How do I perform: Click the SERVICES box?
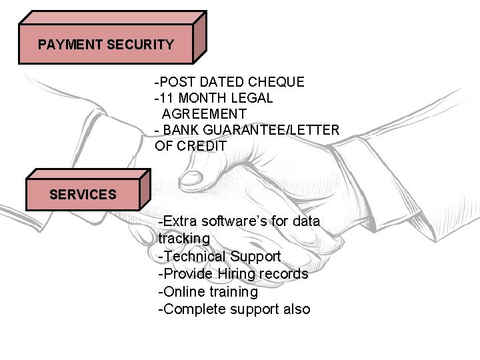tap(83, 194)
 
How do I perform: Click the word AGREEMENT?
tap(204, 114)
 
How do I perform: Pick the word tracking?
tap(184, 239)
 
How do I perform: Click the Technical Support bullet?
tap(219, 257)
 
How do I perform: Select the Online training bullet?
tap(208, 292)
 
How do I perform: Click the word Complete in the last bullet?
tap(194, 309)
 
